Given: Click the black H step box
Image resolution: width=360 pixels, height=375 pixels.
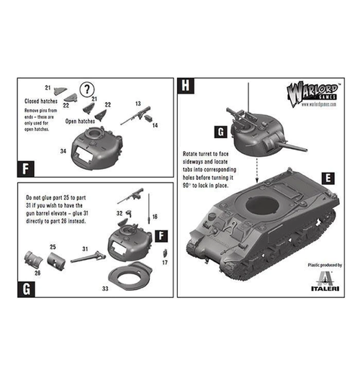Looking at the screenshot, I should [185, 86].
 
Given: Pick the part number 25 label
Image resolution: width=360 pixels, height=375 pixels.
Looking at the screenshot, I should [52, 246].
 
